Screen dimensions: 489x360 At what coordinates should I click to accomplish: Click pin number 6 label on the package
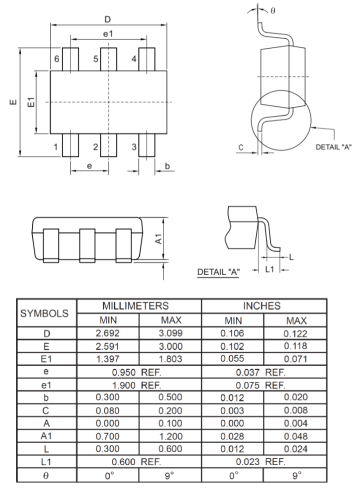(x=57, y=59)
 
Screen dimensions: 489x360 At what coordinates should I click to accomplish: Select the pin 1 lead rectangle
(x=70, y=145)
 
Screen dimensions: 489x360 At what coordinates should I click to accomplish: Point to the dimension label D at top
(x=106, y=19)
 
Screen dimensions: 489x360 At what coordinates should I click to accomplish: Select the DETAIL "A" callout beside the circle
(x=333, y=147)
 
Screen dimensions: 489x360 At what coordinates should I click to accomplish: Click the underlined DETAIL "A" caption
(x=219, y=272)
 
